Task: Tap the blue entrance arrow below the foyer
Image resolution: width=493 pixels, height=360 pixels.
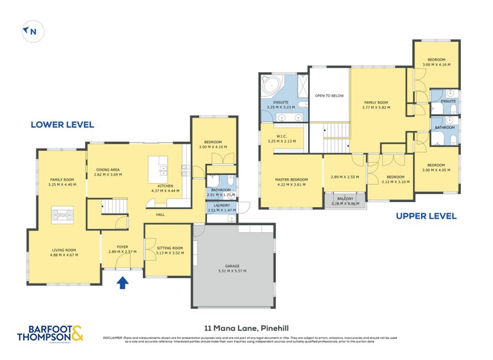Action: [x=122, y=282]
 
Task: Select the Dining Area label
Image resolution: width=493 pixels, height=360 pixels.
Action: [x=108, y=170]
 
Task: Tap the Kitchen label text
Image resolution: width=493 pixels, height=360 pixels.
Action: [x=165, y=186]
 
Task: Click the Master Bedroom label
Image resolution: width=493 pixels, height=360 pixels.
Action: [x=291, y=179]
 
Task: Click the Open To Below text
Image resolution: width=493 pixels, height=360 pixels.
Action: [x=329, y=96]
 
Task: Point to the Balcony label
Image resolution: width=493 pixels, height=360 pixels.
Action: [x=344, y=198]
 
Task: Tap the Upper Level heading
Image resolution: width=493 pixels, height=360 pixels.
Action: [x=426, y=216]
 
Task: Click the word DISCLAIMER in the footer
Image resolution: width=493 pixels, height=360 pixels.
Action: [x=113, y=338]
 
